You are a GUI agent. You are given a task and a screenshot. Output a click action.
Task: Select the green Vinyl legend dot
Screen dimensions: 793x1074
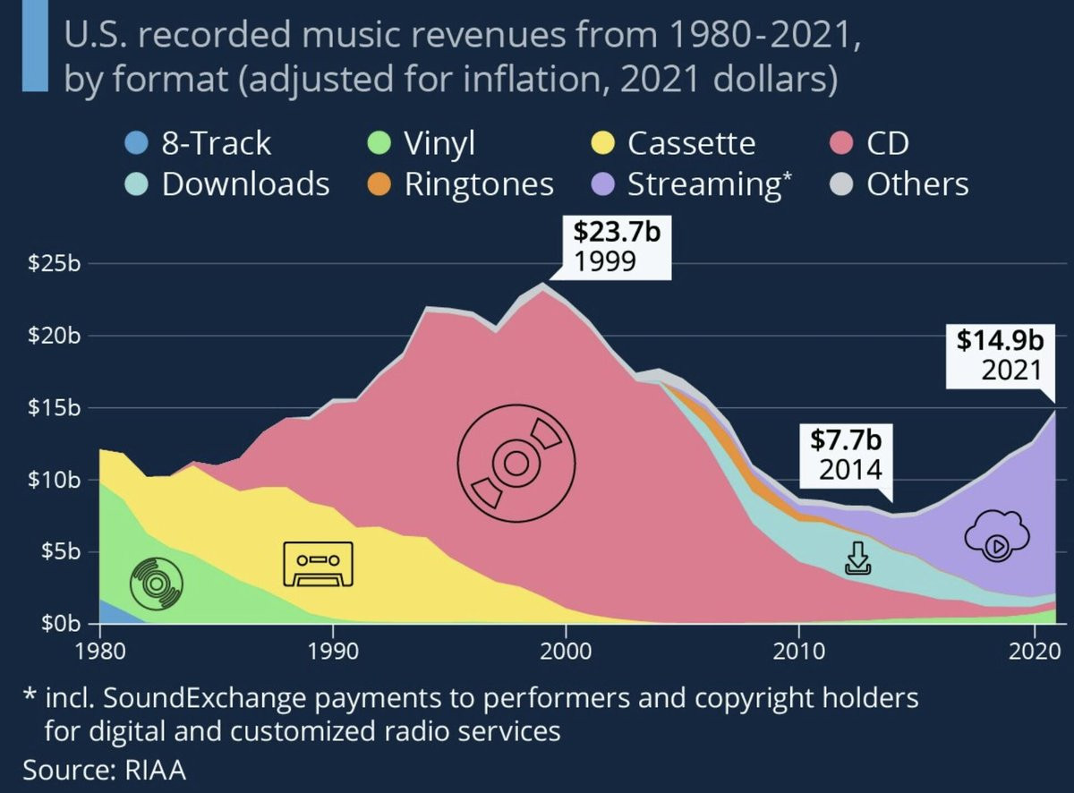379,143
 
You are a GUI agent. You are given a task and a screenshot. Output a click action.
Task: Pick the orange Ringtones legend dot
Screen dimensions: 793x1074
379,184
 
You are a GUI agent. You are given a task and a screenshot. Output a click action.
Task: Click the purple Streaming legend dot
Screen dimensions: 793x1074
603,184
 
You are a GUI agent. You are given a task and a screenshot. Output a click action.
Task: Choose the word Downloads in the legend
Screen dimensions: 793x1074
245,184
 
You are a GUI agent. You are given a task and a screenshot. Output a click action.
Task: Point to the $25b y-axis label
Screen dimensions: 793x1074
56,265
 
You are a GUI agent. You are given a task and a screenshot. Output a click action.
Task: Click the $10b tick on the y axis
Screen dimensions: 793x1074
56,480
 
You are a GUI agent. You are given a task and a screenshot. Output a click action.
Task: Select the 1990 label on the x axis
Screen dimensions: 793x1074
333,648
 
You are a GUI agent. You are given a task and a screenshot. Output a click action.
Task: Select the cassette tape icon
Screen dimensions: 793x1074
318,564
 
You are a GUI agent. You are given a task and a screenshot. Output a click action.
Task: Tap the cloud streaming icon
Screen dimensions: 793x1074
996,538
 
